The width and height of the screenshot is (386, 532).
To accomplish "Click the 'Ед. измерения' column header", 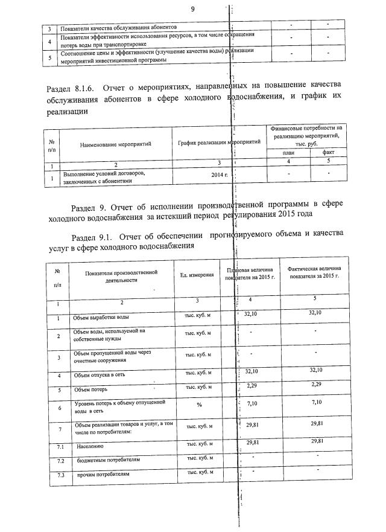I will point(197,275).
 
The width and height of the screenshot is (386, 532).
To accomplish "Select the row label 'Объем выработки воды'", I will point(101,317).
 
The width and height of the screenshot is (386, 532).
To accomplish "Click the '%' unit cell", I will point(198,405).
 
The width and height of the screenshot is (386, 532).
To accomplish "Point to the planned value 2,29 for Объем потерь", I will point(254,385).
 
